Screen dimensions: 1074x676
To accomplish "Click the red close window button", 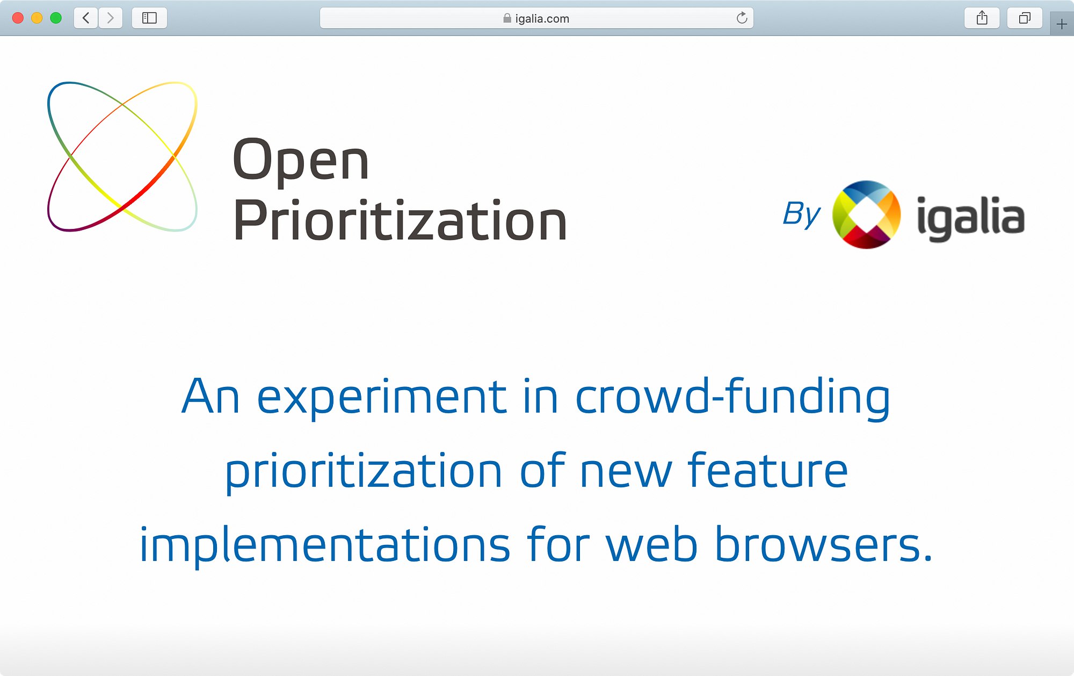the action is (x=18, y=18).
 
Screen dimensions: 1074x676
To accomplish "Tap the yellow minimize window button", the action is (x=37, y=18).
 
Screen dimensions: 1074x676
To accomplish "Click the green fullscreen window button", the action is (x=56, y=18).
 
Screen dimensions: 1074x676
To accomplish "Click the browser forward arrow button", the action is (x=111, y=18).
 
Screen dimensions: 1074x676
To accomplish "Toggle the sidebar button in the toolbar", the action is (x=149, y=18).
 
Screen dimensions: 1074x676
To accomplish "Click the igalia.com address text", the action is (x=542, y=19).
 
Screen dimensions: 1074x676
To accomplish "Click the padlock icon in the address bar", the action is (x=507, y=18).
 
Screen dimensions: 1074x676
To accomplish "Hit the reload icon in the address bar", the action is (x=742, y=18).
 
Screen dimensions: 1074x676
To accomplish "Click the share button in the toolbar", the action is (x=982, y=18).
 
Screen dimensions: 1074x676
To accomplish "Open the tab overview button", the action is (x=1025, y=18).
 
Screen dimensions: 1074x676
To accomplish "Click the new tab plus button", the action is (x=1062, y=24).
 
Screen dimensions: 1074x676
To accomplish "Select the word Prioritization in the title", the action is (x=400, y=220).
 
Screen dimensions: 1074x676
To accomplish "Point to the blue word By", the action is (x=801, y=214).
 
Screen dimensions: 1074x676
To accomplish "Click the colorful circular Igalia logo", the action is (x=866, y=214).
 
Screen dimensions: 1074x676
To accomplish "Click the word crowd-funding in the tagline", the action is (x=732, y=398).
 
